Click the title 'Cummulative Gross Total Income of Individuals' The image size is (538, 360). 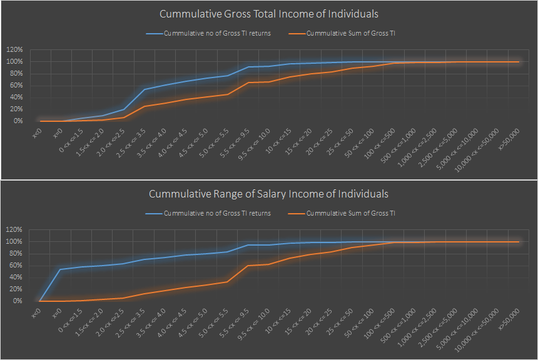click(x=269, y=14)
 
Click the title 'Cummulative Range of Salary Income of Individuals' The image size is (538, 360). click(x=269, y=194)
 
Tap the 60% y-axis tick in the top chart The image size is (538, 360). click(x=16, y=85)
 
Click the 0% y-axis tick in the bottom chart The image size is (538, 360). click(x=17, y=301)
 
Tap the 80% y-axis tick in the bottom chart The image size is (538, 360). click(x=16, y=253)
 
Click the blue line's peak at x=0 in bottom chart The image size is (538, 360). click(x=61, y=269)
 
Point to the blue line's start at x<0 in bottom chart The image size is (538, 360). click(x=40, y=301)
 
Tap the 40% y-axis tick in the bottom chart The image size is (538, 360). click(x=16, y=277)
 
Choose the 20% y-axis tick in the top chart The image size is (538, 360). click(x=16, y=109)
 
